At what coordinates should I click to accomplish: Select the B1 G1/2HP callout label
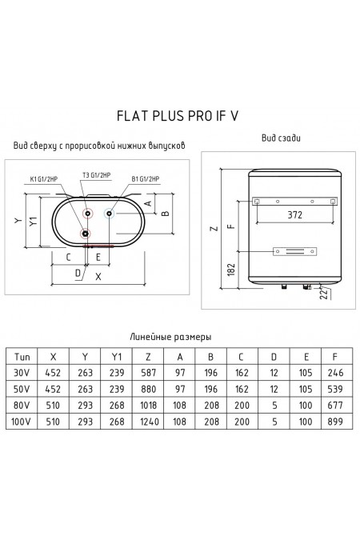[x=145, y=178]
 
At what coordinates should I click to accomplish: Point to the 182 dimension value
[x=232, y=270]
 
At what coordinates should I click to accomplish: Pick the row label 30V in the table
[x=22, y=374]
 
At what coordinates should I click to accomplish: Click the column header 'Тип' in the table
[x=22, y=358]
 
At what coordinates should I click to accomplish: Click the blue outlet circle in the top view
[x=107, y=214]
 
